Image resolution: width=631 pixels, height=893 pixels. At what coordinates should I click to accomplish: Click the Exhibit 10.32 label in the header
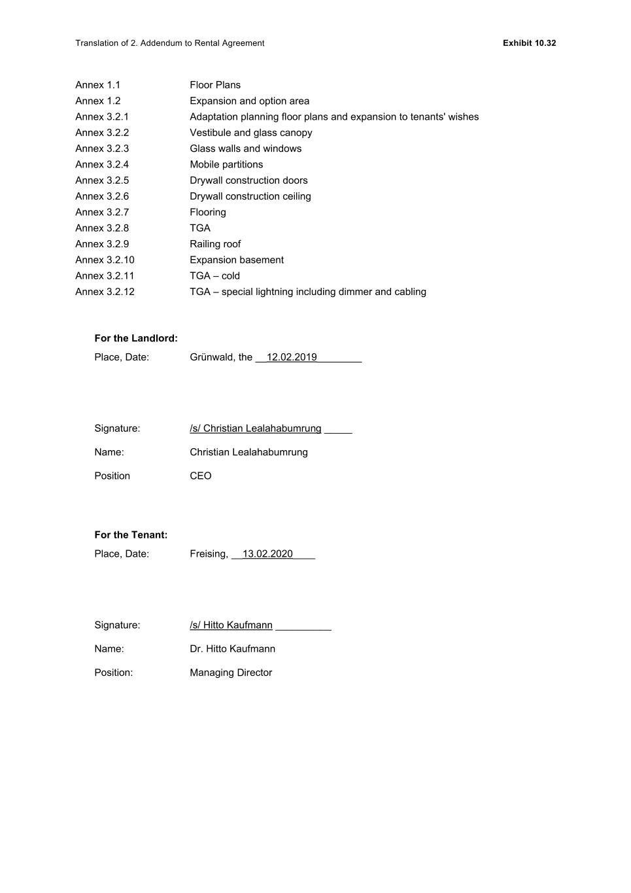tap(529, 43)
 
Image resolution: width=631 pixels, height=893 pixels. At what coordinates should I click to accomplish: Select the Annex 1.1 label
tap(97, 85)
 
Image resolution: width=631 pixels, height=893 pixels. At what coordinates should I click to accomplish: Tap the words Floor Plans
tap(215, 85)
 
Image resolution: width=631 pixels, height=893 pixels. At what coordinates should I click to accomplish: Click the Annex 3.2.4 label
tap(102, 164)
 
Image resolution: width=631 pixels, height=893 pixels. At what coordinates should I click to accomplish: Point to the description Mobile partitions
tap(226, 164)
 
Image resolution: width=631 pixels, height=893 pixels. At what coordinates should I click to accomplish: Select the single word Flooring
tap(208, 212)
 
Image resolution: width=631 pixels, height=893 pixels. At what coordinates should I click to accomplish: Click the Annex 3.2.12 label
tap(105, 292)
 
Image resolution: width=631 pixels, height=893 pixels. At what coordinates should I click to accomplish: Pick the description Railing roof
tap(215, 244)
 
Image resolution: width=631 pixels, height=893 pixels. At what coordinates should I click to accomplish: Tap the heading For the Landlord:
tap(136, 338)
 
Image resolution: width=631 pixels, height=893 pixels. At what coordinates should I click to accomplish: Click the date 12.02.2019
tap(292, 357)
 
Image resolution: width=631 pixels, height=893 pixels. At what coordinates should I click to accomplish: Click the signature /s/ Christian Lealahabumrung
tap(256, 429)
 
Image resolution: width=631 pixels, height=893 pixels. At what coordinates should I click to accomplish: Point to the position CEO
tap(201, 476)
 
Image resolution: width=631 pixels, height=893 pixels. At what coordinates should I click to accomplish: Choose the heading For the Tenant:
tap(131, 534)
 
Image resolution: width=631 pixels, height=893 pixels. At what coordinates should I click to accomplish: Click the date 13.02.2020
tap(267, 554)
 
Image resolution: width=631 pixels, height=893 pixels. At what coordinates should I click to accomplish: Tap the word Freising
tap(209, 554)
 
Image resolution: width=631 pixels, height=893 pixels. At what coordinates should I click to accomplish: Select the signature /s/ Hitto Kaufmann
tap(231, 625)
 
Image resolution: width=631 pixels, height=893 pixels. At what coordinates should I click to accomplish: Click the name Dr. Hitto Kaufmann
tap(232, 649)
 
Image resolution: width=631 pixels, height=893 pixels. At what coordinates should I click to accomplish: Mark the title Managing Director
tap(231, 673)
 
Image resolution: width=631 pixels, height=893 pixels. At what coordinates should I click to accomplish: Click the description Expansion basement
tap(237, 260)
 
